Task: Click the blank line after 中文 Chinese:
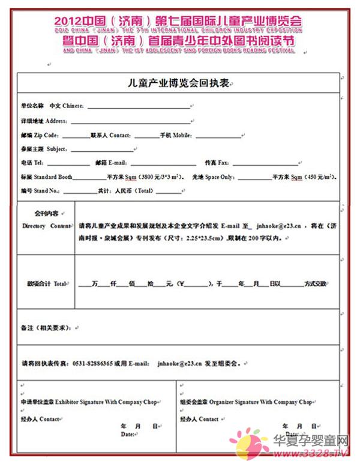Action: tap(138, 106)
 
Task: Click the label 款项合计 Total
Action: tap(47, 283)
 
